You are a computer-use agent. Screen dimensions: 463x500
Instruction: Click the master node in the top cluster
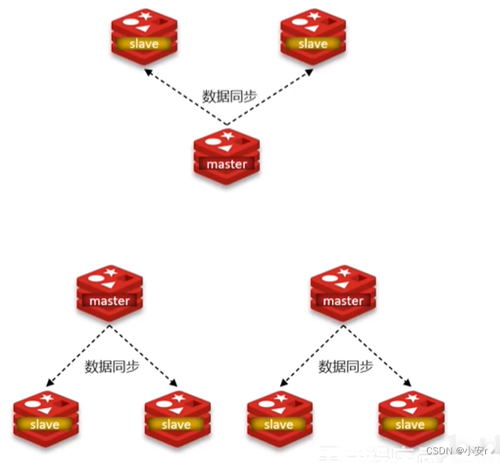[226, 156]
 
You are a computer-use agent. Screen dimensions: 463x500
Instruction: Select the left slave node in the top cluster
[143, 36]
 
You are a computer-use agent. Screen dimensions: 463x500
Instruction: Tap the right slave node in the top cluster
[312, 36]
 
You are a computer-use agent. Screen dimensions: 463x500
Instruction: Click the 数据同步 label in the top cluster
[228, 96]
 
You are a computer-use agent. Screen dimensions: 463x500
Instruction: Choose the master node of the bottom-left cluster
[109, 294]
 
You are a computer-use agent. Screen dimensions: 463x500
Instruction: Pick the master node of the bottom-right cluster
[343, 294]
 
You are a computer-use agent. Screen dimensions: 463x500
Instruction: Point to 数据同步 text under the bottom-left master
[110, 366]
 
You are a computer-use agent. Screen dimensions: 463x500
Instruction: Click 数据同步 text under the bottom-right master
[344, 366]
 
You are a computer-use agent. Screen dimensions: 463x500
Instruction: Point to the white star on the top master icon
[228, 136]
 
